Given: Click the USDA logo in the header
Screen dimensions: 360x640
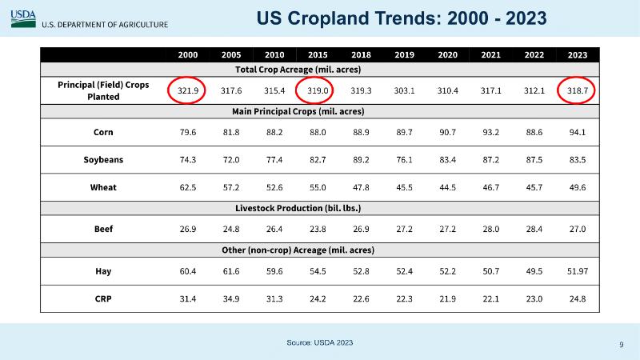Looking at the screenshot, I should tap(23, 16).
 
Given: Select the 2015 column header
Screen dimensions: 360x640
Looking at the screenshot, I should tap(318, 54).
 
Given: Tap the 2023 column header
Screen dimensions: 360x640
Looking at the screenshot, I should tap(578, 54).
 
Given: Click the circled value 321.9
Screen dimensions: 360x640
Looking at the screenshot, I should tap(188, 90).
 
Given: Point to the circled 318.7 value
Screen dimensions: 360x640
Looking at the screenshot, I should tap(578, 90).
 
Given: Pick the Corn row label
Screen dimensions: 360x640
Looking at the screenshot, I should tap(102, 132).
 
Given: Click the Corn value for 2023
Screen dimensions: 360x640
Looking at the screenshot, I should tap(578, 132).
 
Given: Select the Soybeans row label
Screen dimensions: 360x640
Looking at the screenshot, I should tap(102, 160).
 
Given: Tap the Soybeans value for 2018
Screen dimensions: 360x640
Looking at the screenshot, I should tap(362, 160).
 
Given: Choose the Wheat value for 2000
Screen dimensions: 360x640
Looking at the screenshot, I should tap(188, 188).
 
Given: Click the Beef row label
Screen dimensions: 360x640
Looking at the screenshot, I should tap(102, 229).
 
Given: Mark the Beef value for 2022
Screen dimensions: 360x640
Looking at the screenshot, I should tap(534, 229).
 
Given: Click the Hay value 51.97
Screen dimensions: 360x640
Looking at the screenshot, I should tap(578, 271).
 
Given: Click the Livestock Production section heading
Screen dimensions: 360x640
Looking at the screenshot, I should tap(320, 208).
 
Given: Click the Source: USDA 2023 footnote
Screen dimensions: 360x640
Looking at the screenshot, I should tap(319, 342).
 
